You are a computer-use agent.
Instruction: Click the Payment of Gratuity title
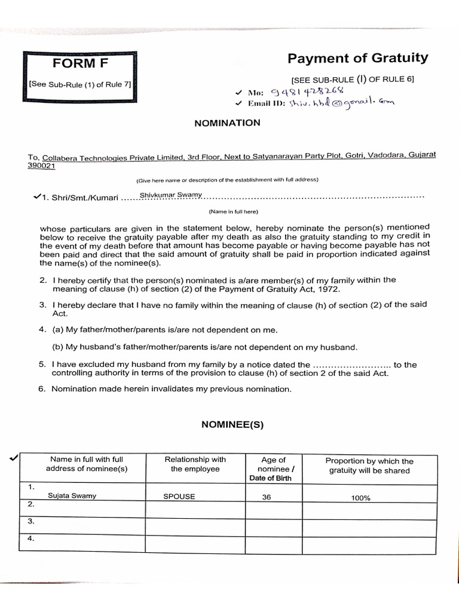click(x=357, y=58)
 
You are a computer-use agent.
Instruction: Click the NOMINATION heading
click(x=227, y=123)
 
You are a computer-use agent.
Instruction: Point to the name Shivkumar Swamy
click(x=170, y=195)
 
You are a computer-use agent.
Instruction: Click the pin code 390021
click(x=41, y=166)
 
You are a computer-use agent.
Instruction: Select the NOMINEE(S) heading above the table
click(x=232, y=425)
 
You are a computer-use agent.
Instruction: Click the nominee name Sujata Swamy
click(x=72, y=495)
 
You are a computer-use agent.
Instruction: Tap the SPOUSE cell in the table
click(x=179, y=496)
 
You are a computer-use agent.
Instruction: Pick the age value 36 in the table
click(x=267, y=496)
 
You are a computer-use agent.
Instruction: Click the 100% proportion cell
click(x=360, y=497)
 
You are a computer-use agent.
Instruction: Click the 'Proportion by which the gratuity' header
click(x=369, y=466)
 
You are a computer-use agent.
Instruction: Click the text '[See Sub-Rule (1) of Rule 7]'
click(x=79, y=84)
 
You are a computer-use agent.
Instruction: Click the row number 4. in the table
click(x=30, y=538)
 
